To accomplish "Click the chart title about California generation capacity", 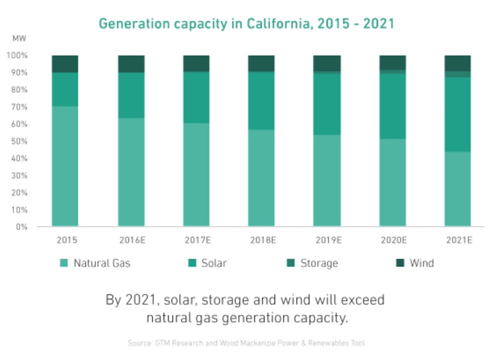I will (x=246, y=24).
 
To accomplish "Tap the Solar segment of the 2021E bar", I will (x=457, y=114).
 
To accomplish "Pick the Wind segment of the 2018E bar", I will (x=261, y=63).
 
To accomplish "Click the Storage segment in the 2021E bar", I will (x=457, y=74).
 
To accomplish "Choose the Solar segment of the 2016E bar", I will (x=131, y=95).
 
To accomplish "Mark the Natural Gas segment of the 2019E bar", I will (x=327, y=180).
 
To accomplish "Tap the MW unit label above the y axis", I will (x=19, y=39).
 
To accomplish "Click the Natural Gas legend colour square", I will (x=64, y=263).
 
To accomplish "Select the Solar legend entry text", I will (x=214, y=263).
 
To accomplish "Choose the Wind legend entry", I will (x=422, y=263).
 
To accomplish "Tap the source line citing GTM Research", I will (x=246, y=343).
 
